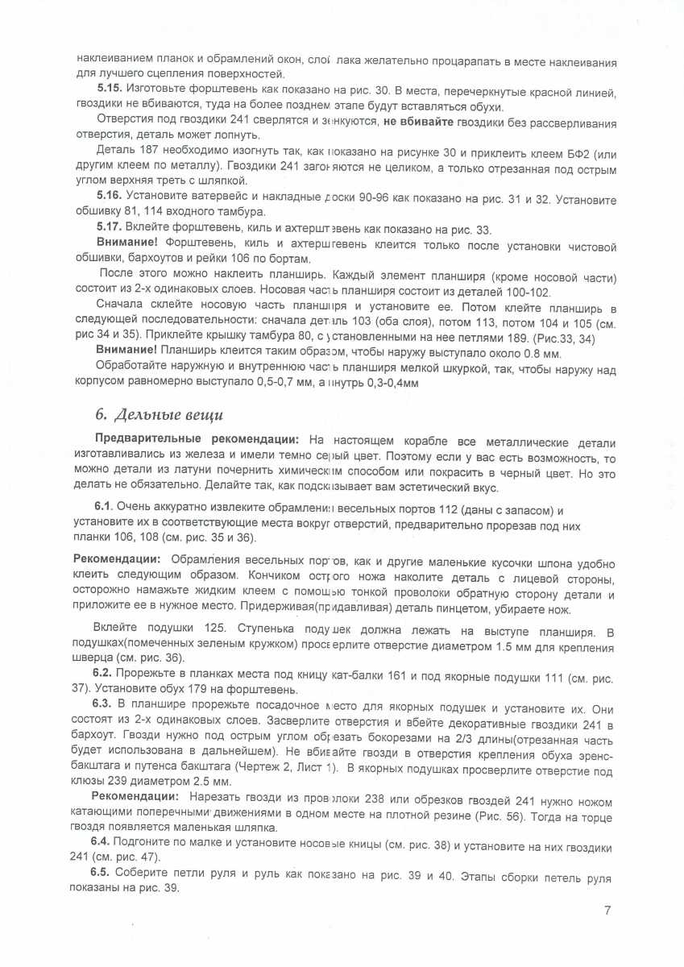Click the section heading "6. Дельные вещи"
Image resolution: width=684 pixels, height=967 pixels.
(x=159, y=415)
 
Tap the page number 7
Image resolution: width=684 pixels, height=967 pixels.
(x=607, y=911)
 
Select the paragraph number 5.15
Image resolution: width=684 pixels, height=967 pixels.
(x=109, y=93)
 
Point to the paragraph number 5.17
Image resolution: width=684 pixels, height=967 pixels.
(x=109, y=230)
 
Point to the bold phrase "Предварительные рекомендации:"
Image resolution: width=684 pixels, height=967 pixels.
(x=197, y=442)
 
